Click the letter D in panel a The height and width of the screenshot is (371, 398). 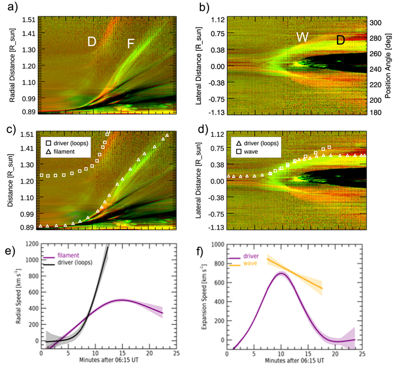(x=92, y=42)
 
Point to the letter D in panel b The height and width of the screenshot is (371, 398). (x=341, y=40)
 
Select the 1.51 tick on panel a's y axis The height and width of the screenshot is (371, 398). (x=29, y=20)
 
